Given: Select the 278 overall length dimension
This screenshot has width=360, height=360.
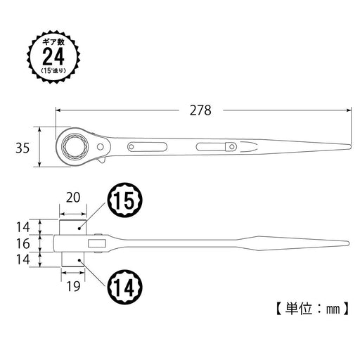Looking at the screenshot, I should (x=200, y=110).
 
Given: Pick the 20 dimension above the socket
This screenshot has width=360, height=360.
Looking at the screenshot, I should (x=72, y=199).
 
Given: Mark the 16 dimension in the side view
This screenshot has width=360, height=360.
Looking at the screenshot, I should (x=23, y=244).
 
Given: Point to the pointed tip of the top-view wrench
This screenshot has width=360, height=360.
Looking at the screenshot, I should (x=348, y=147).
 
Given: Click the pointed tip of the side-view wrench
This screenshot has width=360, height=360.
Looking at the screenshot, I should (x=348, y=244).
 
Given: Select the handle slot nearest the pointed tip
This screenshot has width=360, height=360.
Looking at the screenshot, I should (x=217, y=147).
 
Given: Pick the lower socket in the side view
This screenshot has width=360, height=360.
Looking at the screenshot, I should (x=72, y=261).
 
